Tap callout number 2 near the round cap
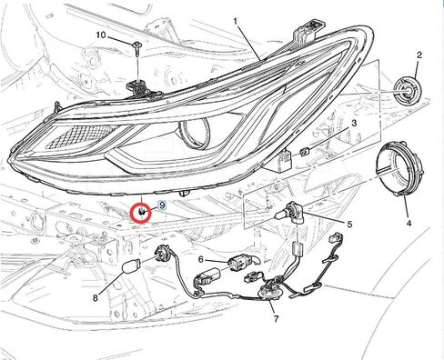pyautogui.click(x=419, y=56)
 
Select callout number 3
pyautogui.click(x=353, y=122)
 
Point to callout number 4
pyautogui.click(x=409, y=223)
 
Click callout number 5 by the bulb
pyautogui.click(x=348, y=224)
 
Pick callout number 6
pyautogui.click(x=200, y=260)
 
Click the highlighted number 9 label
pyautogui.click(x=162, y=205)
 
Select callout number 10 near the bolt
pyautogui.click(x=102, y=35)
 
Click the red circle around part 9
pyautogui.click(x=142, y=213)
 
